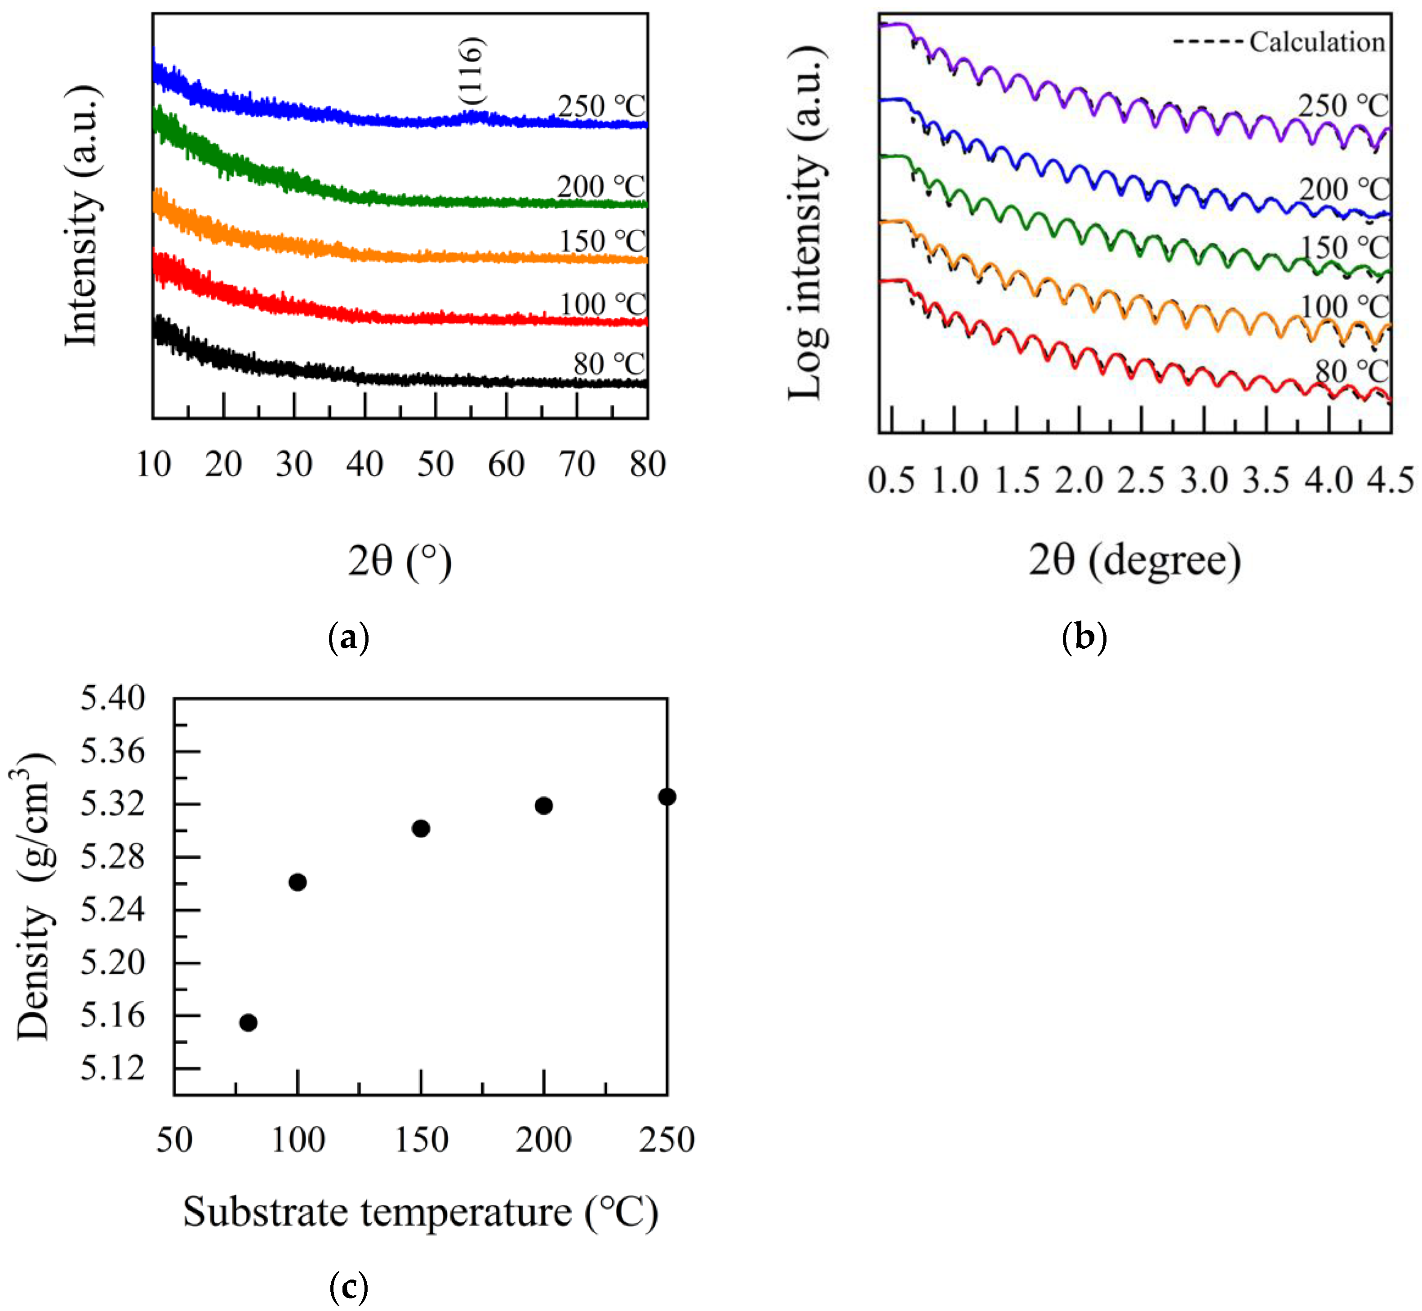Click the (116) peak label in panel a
click(x=471, y=71)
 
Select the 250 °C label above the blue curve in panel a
click(x=601, y=107)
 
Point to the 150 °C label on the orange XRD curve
click(x=603, y=241)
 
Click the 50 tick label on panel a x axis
click(x=435, y=465)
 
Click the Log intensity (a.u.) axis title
click(x=807, y=223)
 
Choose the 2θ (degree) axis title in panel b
click(x=1135, y=561)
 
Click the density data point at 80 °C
click(x=248, y=1022)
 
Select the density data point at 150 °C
click(x=421, y=828)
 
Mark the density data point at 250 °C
click(x=667, y=797)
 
